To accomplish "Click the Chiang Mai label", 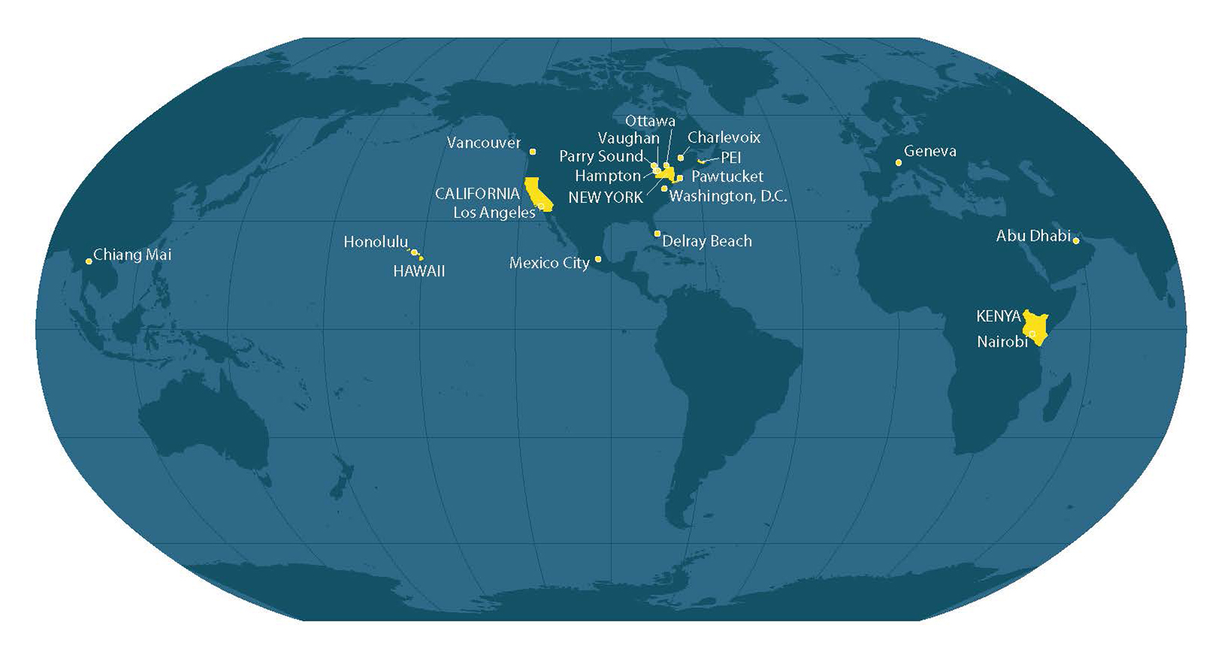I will pyautogui.click(x=133, y=254).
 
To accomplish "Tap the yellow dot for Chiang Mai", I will pyautogui.click(x=89, y=261).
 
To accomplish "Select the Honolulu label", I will pyautogui.click(x=376, y=242).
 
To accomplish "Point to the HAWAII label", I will pyautogui.click(x=419, y=271).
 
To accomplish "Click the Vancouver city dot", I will pyautogui.click(x=533, y=152).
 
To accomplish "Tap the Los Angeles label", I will pyautogui.click(x=494, y=213).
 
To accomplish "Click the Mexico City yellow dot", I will pyautogui.click(x=598, y=259).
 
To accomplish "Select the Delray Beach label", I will pyautogui.click(x=707, y=242).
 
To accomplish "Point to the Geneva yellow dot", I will pyautogui.click(x=899, y=163).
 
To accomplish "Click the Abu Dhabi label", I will pyautogui.click(x=1033, y=236).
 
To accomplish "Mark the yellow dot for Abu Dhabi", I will pyautogui.click(x=1076, y=241).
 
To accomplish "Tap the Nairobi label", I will pyautogui.click(x=1002, y=342).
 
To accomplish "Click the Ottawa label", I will pyautogui.click(x=650, y=121).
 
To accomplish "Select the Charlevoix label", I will pyautogui.click(x=724, y=138).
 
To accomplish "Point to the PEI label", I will pyautogui.click(x=731, y=158).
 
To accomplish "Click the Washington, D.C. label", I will pyautogui.click(x=728, y=197).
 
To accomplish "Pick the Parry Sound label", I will pyautogui.click(x=601, y=157).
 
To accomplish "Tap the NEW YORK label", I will pyautogui.click(x=605, y=198).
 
